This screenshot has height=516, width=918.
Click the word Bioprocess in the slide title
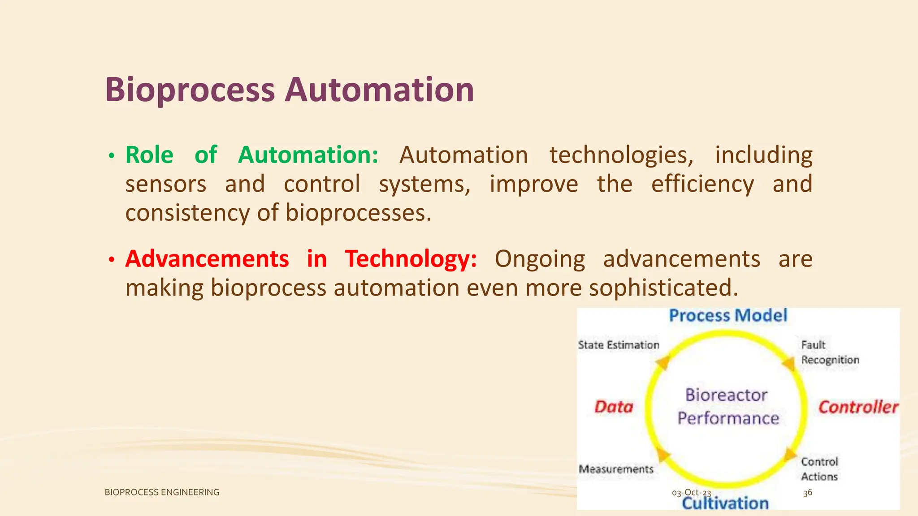tap(190, 90)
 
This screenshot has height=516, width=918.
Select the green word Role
tap(149, 155)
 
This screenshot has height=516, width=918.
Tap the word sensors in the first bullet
tap(165, 184)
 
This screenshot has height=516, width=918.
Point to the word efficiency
tap(702, 184)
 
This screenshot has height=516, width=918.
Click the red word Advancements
tap(207, 259)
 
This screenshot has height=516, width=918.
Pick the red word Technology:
tap(411, 259)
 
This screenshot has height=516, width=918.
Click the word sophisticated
tap(663, 288)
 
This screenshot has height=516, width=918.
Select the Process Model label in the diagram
tap(728, 315)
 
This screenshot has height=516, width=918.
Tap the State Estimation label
tap(619, 345)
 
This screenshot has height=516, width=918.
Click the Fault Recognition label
tap(830, 353)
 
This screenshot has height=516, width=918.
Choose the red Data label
tap(614, 407)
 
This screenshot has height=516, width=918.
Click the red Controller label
tap(858, 407)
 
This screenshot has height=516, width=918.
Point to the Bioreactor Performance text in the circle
tap(727, 407)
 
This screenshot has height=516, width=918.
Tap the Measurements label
tap(616, 469)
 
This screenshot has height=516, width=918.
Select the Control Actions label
tap(819, 469)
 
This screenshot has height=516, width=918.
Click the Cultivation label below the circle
tap(725, 503)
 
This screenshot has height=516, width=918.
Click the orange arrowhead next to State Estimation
tap(663, 362)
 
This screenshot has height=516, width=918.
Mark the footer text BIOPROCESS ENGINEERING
tap(162, 492)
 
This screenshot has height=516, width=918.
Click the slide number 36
tap(807, 493)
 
